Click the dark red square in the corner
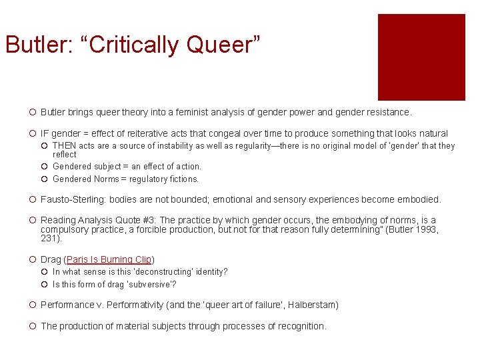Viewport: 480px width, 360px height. coord(421,57)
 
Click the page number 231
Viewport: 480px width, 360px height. coord(49,238)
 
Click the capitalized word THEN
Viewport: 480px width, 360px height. coord(65,146)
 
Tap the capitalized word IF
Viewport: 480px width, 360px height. coord(45,133)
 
